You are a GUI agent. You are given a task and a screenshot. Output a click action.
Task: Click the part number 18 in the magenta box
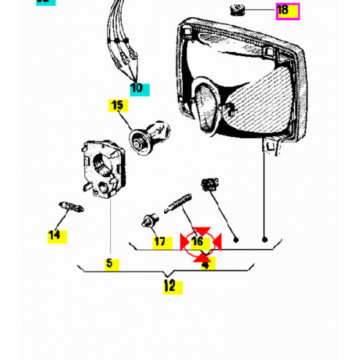pyautogui.click(x=283, y=11)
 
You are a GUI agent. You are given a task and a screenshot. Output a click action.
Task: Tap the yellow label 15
pyautogui.click(x=117, y=107)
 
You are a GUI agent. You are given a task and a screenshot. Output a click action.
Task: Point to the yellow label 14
pyautogui.click(x=55, y=235)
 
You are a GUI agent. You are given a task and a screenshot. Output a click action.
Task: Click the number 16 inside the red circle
pyautogui.click(x=197, y=242)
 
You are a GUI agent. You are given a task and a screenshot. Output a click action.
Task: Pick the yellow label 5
pyautogui.click(x=109, y=264)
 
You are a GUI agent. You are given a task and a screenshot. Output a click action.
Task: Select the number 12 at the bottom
pyautogui.click(x=169, y=286)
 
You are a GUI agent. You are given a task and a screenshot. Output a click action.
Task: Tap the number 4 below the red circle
pyautogui.click(x=205, y=264)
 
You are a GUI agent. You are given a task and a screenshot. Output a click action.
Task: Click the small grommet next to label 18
pyautogui.click(x=236, y=9)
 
